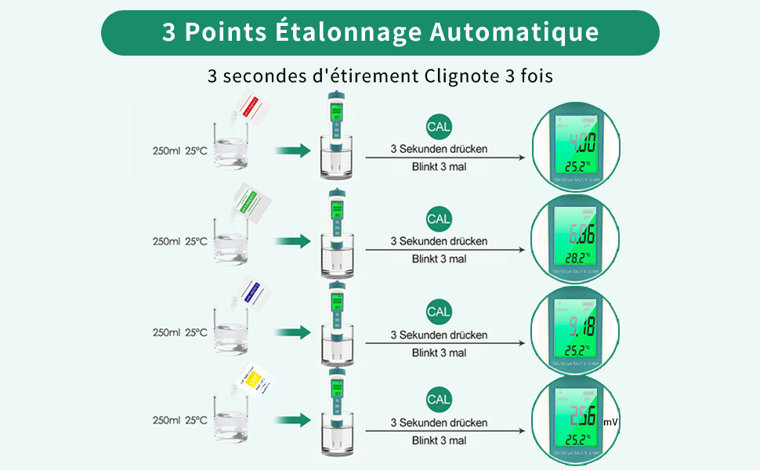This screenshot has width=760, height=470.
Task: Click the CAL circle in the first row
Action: [439, 125]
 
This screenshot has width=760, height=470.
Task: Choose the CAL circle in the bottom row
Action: [439, 399]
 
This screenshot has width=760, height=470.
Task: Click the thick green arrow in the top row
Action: [293, 150]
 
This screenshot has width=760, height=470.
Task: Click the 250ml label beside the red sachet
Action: [165, 150]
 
